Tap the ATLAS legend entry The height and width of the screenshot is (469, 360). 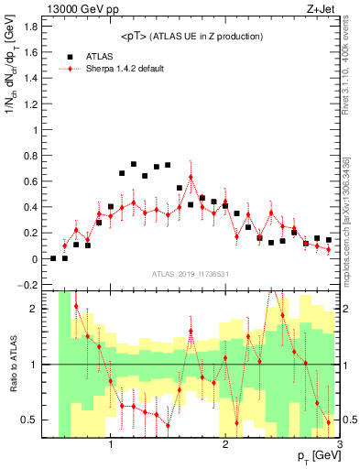coord(99,56)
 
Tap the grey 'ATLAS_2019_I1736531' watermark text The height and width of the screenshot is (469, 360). coord(191,273)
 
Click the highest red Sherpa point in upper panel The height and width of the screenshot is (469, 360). coord(191,176)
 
